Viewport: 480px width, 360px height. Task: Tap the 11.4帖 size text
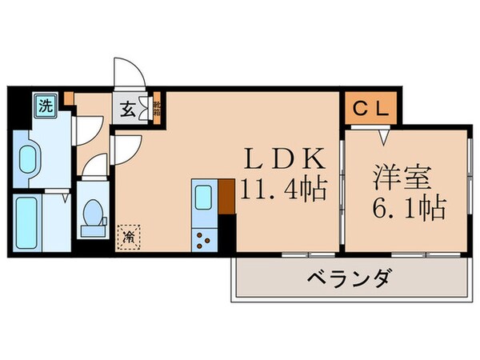(283, 190)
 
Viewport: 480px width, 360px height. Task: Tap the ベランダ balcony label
(348, 280)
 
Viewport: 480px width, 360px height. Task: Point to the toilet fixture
(94, 214)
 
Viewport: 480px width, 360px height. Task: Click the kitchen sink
(203, 196)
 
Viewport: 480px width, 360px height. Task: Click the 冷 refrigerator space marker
(126, 235)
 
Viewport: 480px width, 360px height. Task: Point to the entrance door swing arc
(128, 72)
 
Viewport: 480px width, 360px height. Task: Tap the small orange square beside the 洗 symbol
(69, 99)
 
